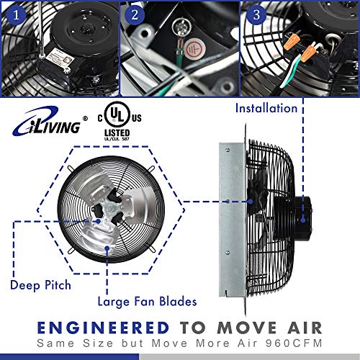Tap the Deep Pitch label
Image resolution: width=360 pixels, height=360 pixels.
click(40, 285)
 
